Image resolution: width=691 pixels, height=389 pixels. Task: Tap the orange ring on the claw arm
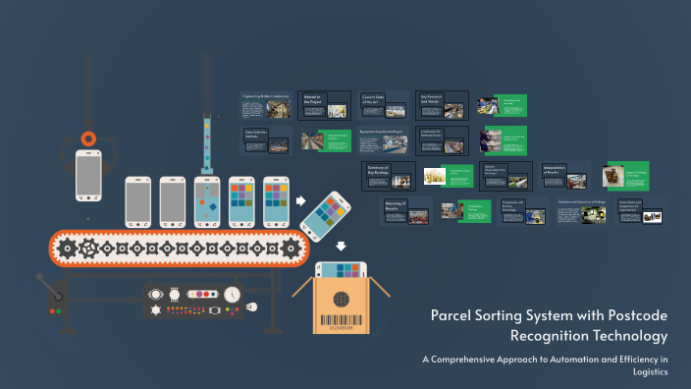coord(88,139)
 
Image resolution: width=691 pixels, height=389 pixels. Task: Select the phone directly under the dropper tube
coord(207,201)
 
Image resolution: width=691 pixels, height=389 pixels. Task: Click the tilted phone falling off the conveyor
coord(327,213)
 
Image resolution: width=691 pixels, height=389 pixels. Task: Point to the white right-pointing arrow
coord(299,200)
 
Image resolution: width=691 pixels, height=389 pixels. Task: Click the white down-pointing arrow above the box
coord(341,247)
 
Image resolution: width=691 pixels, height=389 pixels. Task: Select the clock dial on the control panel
coord(232,294)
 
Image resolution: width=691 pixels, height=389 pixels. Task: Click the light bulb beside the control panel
coord(252,306)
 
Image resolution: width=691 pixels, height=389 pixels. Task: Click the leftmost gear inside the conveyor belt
coord(68,250)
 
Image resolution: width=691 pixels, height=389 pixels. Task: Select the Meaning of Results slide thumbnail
coord(406,211)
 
